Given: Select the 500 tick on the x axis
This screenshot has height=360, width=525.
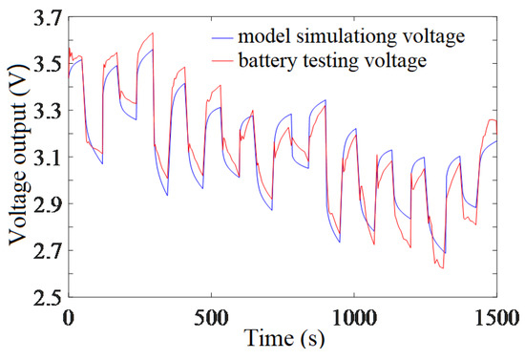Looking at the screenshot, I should [212, 315].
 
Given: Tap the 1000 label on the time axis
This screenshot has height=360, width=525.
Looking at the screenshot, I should [354, 315].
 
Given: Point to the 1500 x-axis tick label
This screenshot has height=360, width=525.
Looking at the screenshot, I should [497, 315].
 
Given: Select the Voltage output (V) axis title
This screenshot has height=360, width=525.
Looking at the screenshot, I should [16, 158].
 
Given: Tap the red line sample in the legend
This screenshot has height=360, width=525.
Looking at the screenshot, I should [223, 60].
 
